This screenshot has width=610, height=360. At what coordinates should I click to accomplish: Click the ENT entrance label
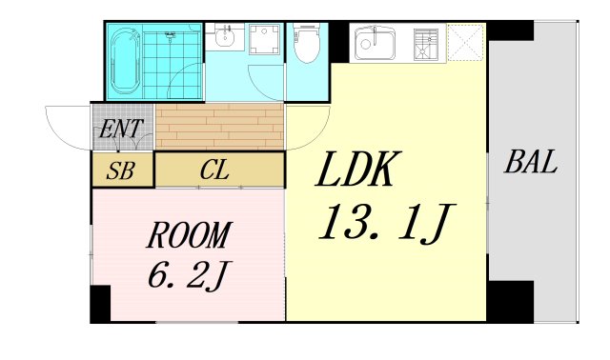click(x=121, y=129)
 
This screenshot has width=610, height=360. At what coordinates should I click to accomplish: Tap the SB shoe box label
click(x=121, y=170)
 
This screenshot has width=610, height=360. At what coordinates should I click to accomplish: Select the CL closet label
click(x=214, y=170)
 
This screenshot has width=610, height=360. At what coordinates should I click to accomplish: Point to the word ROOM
click(x=190, y=235)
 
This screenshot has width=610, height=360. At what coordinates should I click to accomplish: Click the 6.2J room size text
click(x=190, y=275)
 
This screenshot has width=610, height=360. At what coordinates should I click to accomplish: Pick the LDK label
click(x=358, y=169)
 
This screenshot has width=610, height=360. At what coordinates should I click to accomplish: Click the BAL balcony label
click(x=531, y=162)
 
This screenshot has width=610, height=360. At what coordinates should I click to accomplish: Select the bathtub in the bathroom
click(x=125, y=61)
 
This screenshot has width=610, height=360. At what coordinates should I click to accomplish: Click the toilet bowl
click(x=307, y=44)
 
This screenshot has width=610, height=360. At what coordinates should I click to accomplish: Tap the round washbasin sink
click(x=224, y=38)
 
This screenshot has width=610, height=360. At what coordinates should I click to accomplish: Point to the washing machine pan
click(x=265, y=40)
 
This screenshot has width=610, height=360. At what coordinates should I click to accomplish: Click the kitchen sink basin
click(x=375, y=44)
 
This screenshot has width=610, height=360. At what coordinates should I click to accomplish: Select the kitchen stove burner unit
click(x=426, y=45)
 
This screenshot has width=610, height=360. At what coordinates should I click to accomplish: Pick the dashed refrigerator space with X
click(x=465, y=42)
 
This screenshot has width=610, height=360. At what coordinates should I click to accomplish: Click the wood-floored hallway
click(x=219, y=126)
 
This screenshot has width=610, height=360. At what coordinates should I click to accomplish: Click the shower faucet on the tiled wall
click(x=170, y=36)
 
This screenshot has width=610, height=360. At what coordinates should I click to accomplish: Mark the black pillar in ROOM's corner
click(x=100, y=304)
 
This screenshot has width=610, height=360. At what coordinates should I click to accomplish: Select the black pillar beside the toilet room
click(x=339, y=42)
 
